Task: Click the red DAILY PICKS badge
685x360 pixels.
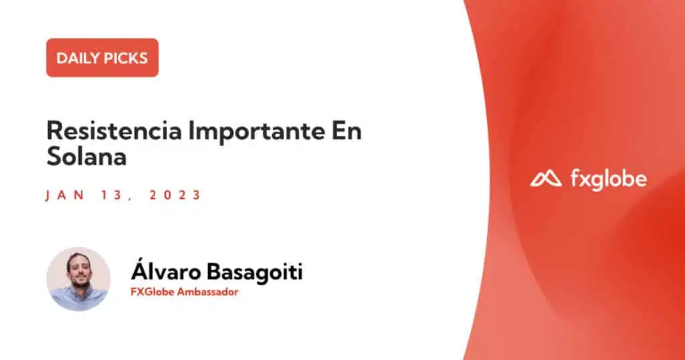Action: [x=102, y=58]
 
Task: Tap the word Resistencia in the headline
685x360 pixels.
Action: [x=114, y=130]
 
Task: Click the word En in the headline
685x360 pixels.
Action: [x=347, y=130]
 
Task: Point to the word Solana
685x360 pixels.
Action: [x=86, y=156]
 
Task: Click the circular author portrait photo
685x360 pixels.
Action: [x=79, y=279]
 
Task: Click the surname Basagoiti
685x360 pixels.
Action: [x=254, y=272]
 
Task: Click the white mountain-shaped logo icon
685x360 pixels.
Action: [x=546, y=179]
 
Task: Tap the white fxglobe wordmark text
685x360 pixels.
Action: [x=609, y=179]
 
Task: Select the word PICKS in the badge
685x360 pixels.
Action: [x=126, y=58]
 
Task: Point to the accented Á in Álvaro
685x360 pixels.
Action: [x=139, y=270]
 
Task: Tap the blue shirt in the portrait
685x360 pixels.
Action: [x=79, y=299]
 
